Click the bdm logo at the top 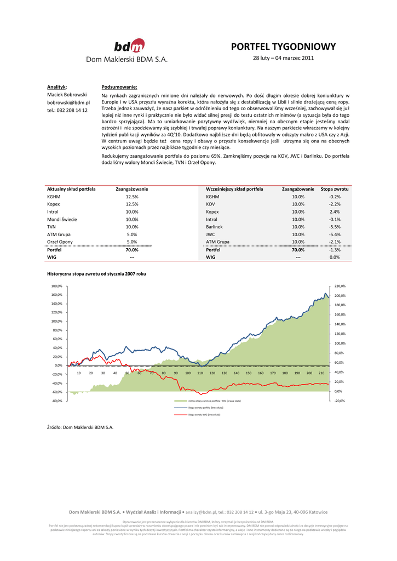coord(130,45)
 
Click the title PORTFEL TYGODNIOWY coord(283,47)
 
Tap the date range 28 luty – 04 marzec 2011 coord(283,58)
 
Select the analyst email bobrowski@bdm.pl coord(68,102)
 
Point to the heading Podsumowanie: coord(119,87)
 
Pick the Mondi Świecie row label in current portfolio coord(62,219)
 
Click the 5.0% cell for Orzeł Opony coord(132,242)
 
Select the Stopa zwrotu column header coord(335,189)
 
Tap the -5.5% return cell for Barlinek coord(335,226)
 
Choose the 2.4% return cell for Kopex coord(335,211)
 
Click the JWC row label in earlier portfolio coord(211,234)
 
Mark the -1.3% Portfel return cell coord(335,249)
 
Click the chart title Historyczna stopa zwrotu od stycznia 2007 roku coord(96,273)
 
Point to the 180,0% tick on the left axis coord(57,286)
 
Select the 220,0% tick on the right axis coord(340,286)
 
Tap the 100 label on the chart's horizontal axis coord(188,373)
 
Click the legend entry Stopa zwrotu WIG coord(204,415)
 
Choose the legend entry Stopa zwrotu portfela coord(205,408)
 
